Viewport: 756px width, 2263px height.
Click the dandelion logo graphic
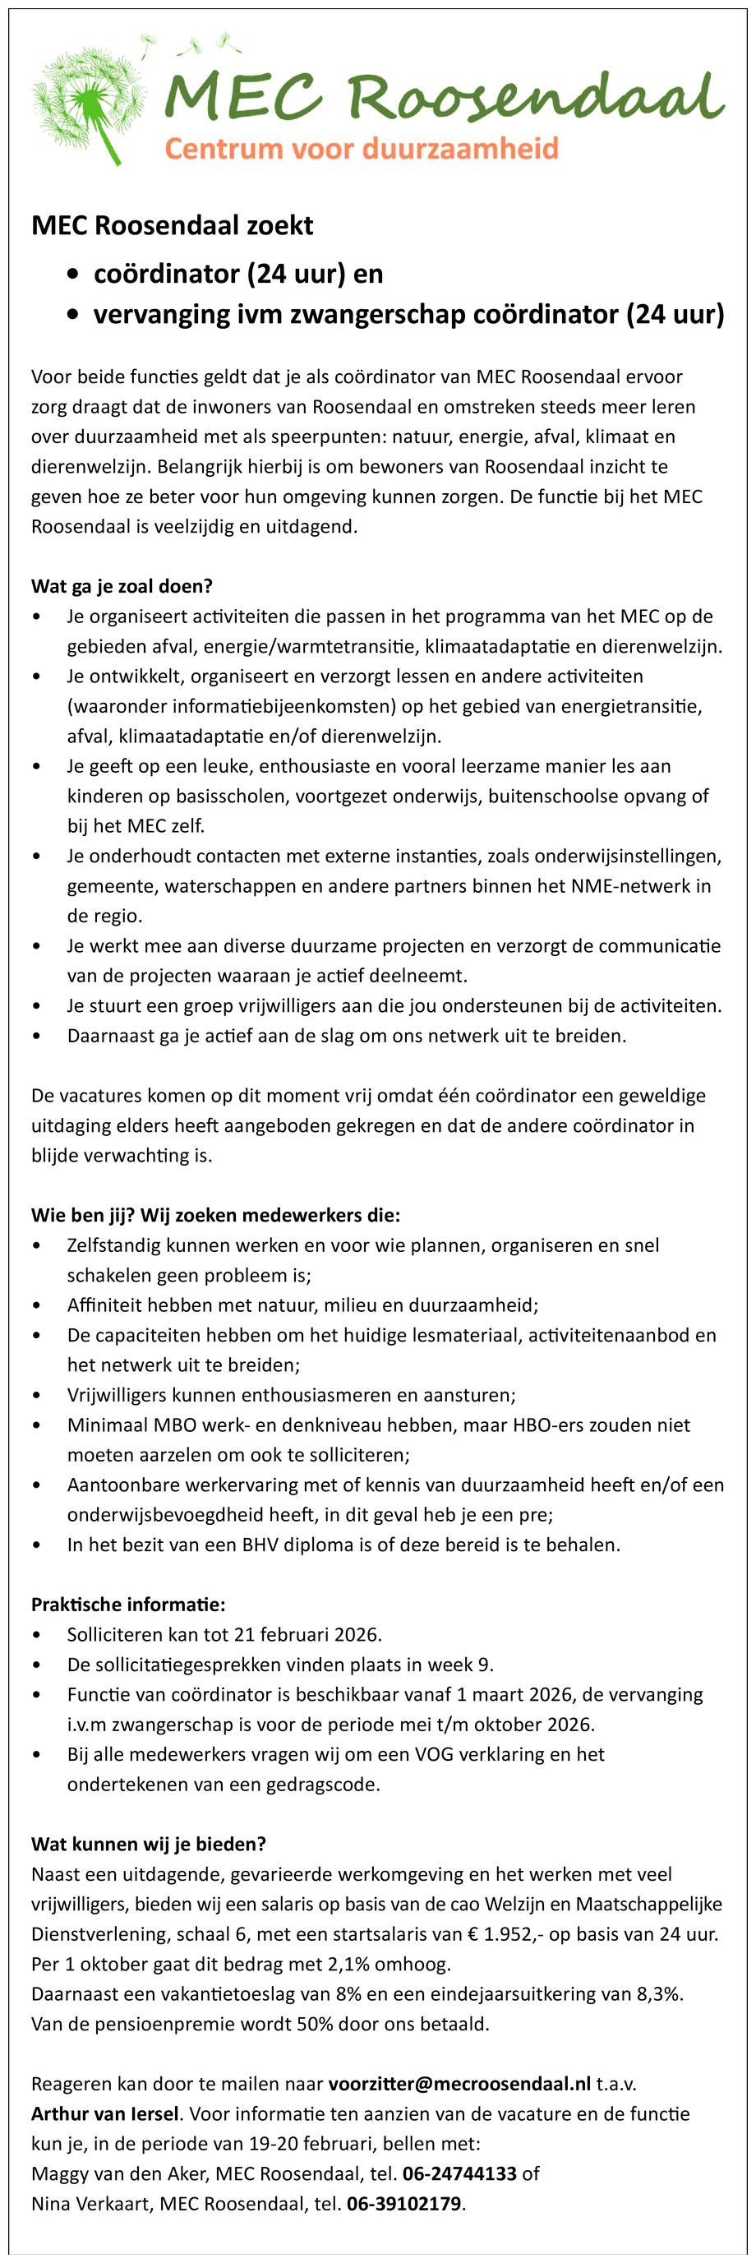tap(88, 99)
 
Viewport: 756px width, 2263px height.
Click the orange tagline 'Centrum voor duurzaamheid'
tap(361, 148)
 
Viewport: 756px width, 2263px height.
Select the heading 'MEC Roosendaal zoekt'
tap(172, 226)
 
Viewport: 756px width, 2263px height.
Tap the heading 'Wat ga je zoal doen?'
tap(122, 586)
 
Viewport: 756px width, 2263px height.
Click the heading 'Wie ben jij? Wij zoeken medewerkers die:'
tap(216, 1215)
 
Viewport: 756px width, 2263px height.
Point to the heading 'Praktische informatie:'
tap(128, 1604)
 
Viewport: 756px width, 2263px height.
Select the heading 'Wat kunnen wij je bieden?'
tap(149, 1844)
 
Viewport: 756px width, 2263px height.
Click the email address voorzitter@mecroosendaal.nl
tap(459, 2084)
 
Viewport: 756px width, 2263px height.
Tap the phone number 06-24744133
tap(459, 2173)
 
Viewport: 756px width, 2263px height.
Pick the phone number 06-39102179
tap(404, 2203)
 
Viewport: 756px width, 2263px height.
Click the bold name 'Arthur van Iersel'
tap(106, 2113)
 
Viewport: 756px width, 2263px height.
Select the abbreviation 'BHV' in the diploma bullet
tap(260, 1545)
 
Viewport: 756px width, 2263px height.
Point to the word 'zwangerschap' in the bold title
tap(377, 314)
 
